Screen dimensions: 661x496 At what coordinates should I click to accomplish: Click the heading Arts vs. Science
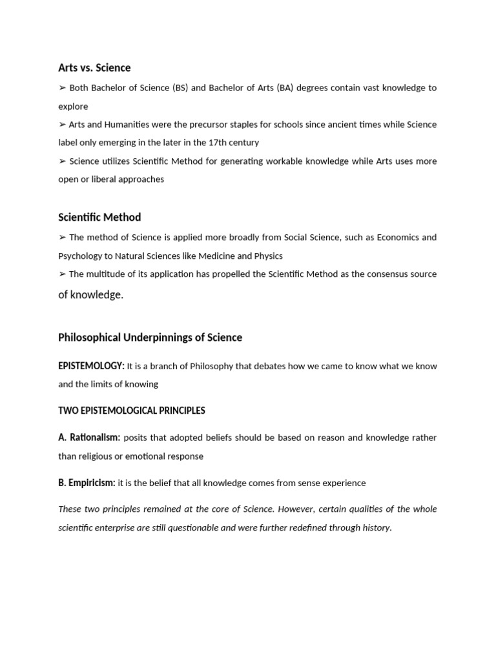coord(94,68)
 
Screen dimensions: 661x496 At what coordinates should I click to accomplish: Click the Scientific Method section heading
coord(99,218)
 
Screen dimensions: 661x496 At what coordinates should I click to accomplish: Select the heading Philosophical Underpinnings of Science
coord(150,338)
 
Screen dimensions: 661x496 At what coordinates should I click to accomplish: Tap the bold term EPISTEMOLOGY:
coord(91,366)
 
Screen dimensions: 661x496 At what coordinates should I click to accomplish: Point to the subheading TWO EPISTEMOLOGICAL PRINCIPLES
coord(132,411)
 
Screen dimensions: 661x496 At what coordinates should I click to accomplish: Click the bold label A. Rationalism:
coord(89,438)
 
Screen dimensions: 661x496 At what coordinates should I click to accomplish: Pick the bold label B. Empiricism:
coord(87,483)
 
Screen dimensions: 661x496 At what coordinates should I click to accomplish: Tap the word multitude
coord(108,274)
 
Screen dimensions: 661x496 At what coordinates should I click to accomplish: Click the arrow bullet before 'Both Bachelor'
coord(62,88)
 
